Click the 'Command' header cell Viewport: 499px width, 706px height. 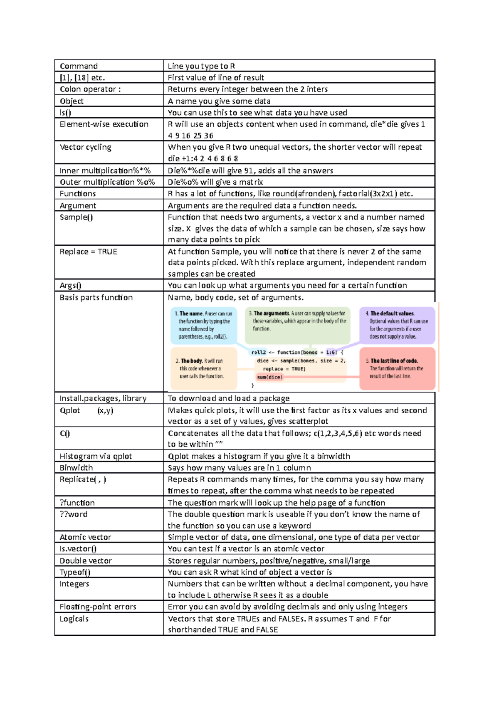(79, 66)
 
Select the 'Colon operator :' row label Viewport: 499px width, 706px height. (90, 89)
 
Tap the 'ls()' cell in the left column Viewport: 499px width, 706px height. (65, 113)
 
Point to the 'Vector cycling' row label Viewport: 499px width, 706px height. (85, 147)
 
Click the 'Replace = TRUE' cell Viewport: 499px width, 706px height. (88, 252)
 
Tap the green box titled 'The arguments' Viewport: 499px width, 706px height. (297, 321)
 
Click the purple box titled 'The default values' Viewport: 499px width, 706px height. (397, 325)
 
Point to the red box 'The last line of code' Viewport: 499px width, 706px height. (397, 368)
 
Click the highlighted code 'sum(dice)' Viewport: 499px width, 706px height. (269, 377)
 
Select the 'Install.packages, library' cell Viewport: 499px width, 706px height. (103, 398)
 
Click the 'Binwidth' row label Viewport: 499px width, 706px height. (76, 468)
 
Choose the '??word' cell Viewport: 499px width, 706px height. (74, 514)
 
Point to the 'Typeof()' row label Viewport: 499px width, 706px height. (75, 572)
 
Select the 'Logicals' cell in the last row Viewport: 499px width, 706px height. (74, 619)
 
